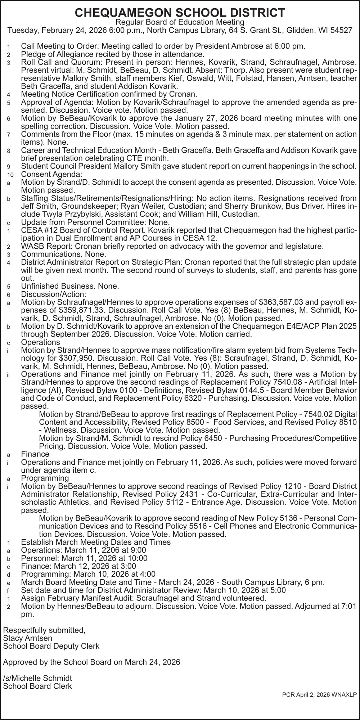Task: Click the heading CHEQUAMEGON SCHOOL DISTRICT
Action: [180, 13]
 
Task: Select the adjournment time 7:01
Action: [348, 606]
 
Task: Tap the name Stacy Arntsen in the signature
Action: [27, 638]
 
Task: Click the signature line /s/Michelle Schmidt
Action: [37, 678]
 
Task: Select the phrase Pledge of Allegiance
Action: [58, 54]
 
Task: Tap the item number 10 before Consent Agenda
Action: [10, 175]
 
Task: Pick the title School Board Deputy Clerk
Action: [51, 646]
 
